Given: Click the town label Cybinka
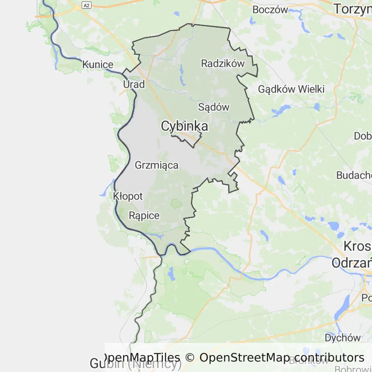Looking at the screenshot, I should coord(185,126).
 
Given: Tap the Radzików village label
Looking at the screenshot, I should coord(223,63).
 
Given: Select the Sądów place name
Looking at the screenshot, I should coord(214,107).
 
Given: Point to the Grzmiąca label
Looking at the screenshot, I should coord(156,165).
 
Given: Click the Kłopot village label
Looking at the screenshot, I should coord(128,196).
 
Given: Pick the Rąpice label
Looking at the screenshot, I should coord(144,216).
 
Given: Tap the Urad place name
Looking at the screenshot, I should coord(134,84).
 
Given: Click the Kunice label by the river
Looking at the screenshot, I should coord(98,64).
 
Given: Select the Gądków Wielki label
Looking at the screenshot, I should coord(291,89).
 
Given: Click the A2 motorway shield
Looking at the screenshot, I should coord(86,5).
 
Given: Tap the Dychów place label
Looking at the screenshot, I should coord(343,338).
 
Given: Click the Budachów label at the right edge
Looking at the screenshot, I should coord(355,175).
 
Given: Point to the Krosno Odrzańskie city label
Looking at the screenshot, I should coord(352,254).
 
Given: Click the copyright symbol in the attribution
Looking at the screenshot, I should coord(190,357).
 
